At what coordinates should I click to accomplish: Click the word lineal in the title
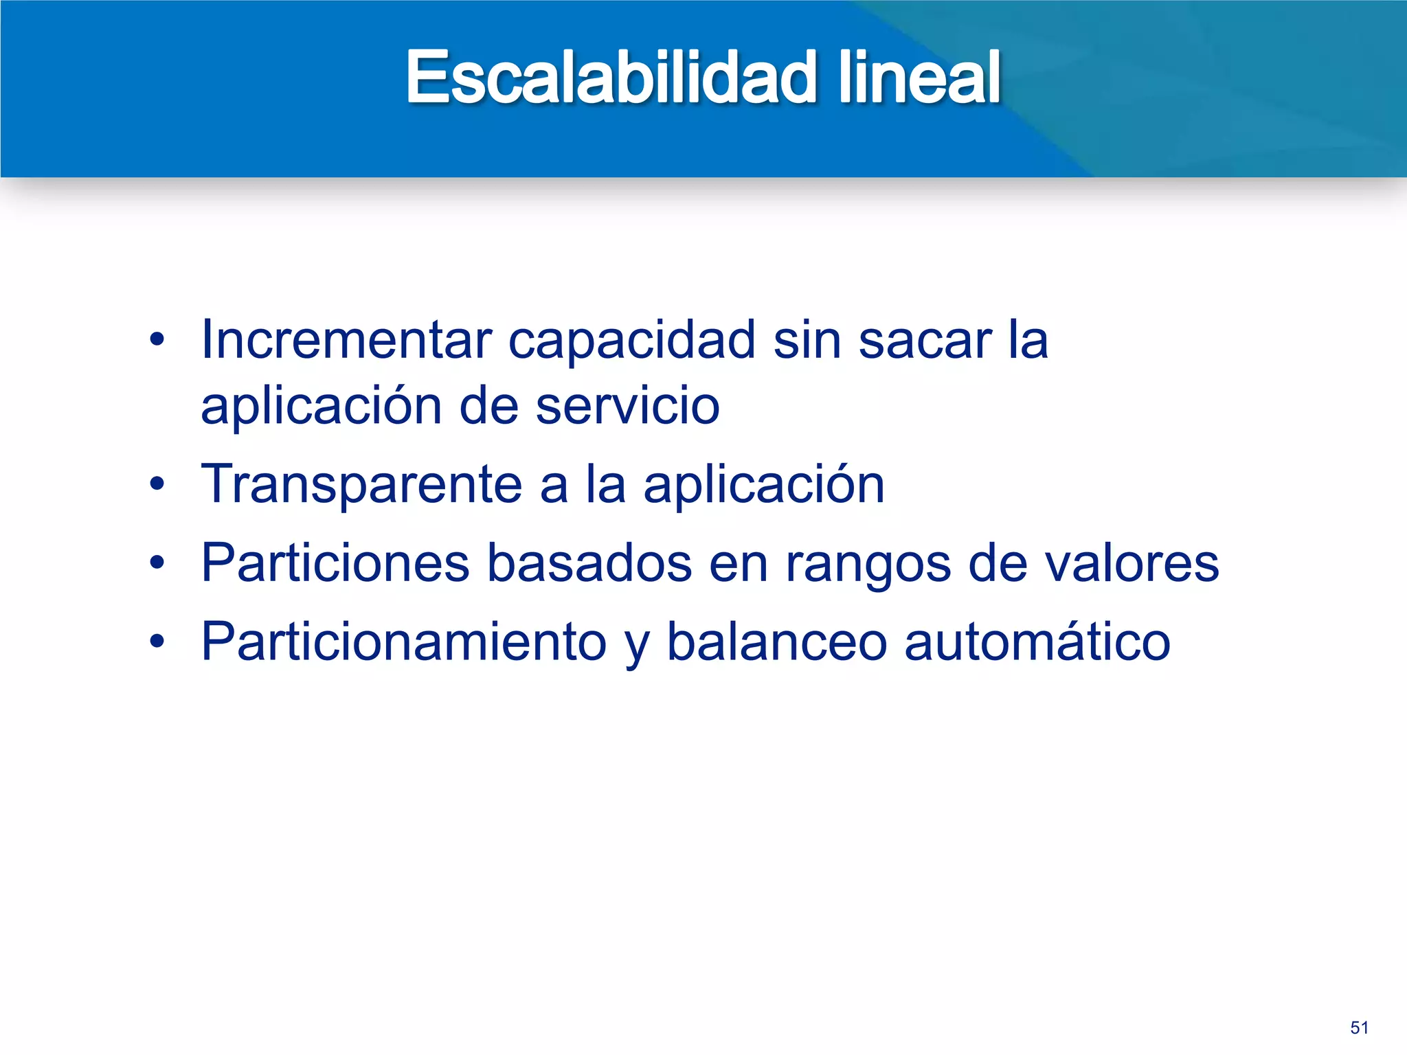[919, 78]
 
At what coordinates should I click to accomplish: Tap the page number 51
[1359, 1028]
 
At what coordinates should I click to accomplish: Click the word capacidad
[632, 341]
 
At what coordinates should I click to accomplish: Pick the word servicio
[627, 406]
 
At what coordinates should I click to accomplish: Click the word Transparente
[362, 485]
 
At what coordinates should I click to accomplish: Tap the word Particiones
[335, 563]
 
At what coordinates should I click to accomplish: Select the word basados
[589, 563]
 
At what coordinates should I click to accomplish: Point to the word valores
[1132, 563]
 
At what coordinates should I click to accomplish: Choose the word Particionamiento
[404, 642]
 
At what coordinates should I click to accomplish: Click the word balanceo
[777, 642]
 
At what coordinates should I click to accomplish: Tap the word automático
[1037, 642]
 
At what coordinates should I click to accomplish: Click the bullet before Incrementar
[157, 339]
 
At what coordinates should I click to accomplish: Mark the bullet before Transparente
[157, 484]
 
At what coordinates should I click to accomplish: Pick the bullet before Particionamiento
[157, 642]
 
